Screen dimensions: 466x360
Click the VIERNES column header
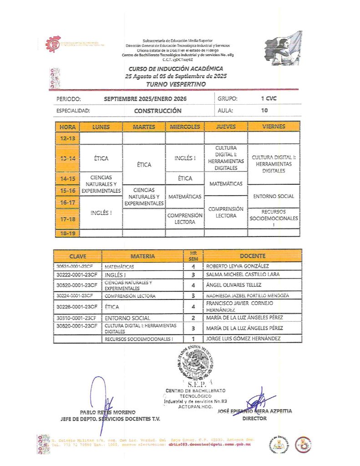coord(274,127)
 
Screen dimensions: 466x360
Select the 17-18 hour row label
coord(67,219)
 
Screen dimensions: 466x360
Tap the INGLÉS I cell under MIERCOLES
coord(185,158)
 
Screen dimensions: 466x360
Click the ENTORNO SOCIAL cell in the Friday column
coord(274,197)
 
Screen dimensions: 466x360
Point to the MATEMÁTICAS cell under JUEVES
coord(226,183)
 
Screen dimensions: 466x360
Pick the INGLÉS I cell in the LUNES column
coord(101,213)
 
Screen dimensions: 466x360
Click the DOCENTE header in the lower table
coord(252,256)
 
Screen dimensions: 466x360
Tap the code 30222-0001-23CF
coord(77,275)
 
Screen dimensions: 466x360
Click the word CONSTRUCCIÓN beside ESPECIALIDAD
coord(157,111)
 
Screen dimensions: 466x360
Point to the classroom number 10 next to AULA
coord(264,110)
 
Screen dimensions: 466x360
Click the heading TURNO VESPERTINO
coord(169,84)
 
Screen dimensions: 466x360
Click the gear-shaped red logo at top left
coord(54,45)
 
